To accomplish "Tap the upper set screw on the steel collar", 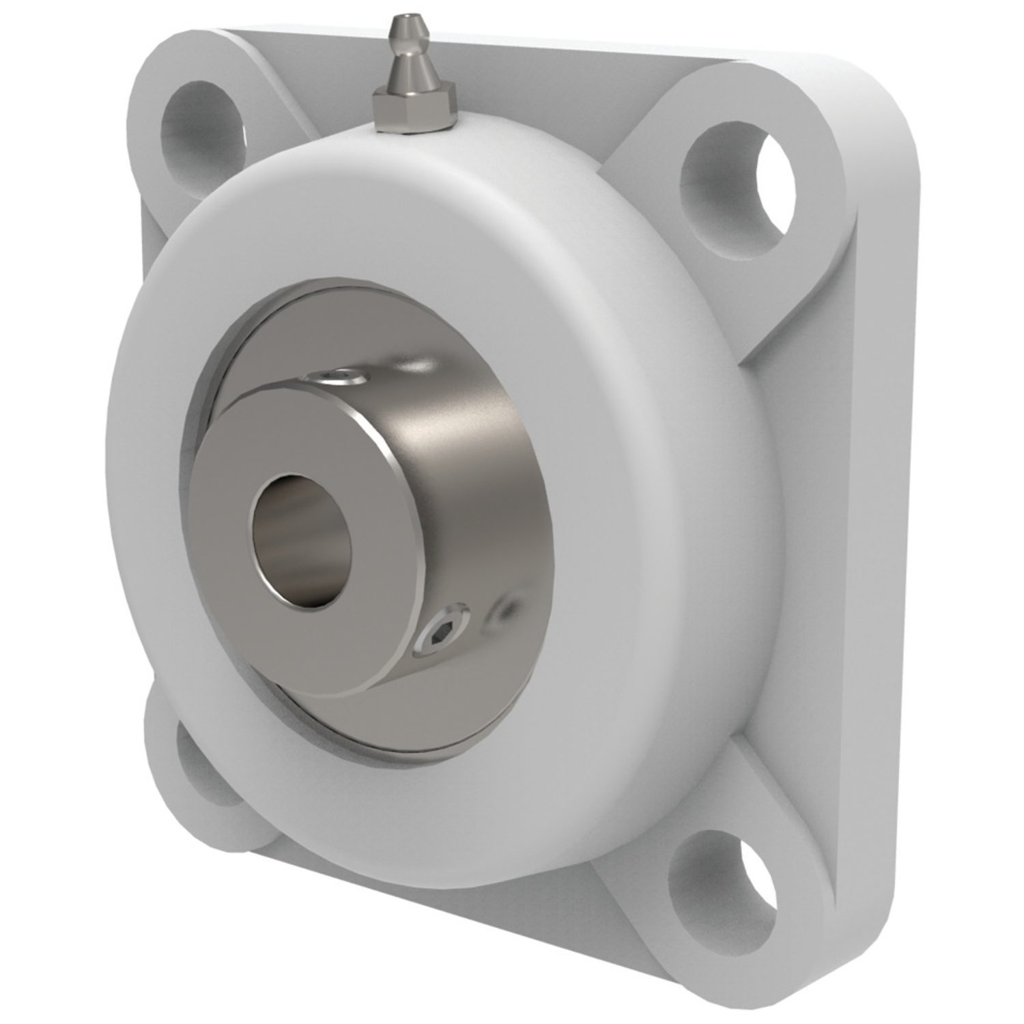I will pyautogui.click(x=334, y=373).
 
